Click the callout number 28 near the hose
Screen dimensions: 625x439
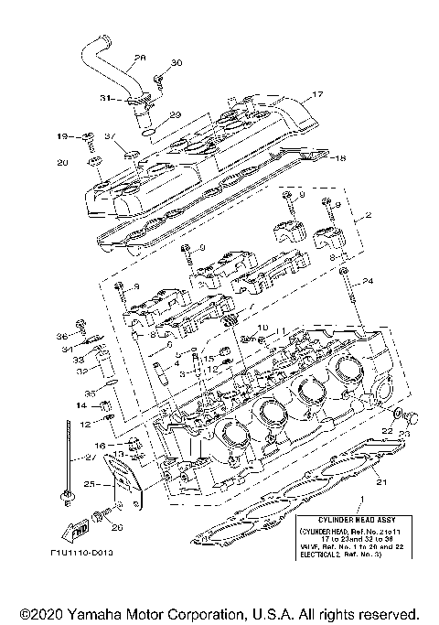(139, 58)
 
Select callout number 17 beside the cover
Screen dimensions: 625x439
(318, 94)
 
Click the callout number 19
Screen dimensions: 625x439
(62, 137)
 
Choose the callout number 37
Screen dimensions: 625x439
(109, 137)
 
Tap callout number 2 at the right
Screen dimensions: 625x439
(369, 216)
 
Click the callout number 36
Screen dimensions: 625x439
(63, 335)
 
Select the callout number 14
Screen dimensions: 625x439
(80, 404)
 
